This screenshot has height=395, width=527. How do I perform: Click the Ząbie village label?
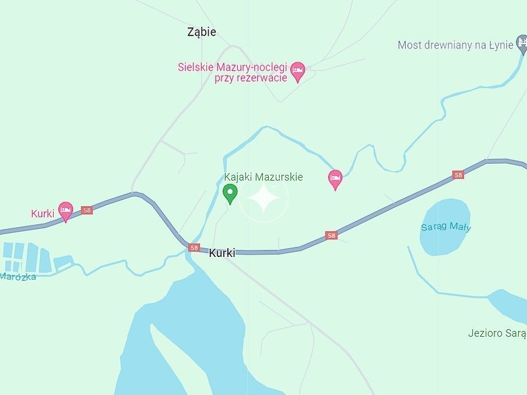tap(202, 33)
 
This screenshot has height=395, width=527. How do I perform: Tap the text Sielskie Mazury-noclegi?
tap(233, 67)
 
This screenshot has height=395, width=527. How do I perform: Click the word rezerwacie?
tap(251, 78)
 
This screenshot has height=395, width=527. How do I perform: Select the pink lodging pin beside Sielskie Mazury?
tap(298, 71)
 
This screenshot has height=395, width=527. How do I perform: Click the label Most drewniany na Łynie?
tap(455, 45)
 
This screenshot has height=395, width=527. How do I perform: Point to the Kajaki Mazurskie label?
tap(263, 177)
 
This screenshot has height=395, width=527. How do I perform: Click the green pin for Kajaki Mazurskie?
tap(230, 193)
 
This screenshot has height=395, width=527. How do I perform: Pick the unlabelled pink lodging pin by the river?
tap(335, 179)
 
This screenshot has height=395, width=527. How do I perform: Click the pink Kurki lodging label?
tap(43, 214)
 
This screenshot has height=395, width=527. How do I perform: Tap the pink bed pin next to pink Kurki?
tap(66, 211)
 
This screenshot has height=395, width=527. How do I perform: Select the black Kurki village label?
tap(222, 253)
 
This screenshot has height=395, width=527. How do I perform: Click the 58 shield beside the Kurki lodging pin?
tap(87, 210)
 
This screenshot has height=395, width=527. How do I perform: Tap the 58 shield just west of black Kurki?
tap(194, 248)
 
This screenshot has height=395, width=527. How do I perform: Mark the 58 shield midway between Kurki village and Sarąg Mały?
tap(332, 235)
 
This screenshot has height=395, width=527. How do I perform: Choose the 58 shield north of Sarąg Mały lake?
tap(458, 175)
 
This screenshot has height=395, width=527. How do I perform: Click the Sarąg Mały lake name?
tap(445, 227)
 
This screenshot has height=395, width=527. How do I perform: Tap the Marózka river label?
tap(18, 276)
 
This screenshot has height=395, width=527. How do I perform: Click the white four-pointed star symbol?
tap(263, 199)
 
